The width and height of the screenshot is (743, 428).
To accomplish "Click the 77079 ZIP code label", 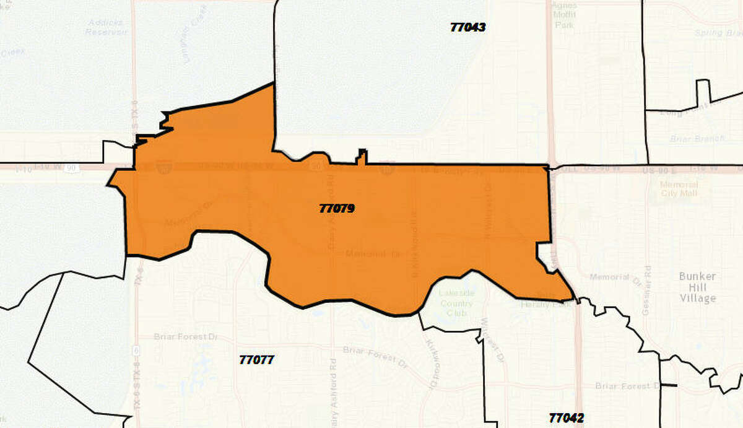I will point(337,209).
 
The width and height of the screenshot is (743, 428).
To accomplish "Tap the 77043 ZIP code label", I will point(468,27).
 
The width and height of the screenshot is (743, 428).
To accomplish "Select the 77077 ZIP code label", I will point(256,359).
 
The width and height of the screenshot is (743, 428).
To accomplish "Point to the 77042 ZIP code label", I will point(566,417).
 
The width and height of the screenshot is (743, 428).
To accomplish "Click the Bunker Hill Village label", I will point(697,287).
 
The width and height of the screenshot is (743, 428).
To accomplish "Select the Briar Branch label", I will point(700,139).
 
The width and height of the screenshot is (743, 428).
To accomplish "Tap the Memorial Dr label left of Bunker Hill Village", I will point(615,279).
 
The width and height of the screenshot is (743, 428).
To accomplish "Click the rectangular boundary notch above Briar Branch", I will point(702,92).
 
